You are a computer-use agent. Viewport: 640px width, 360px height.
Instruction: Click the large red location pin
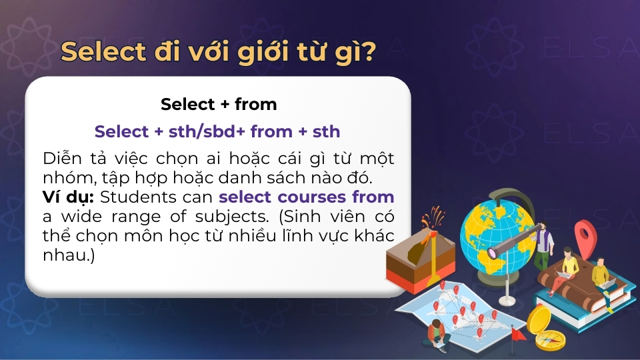[585, 235]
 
